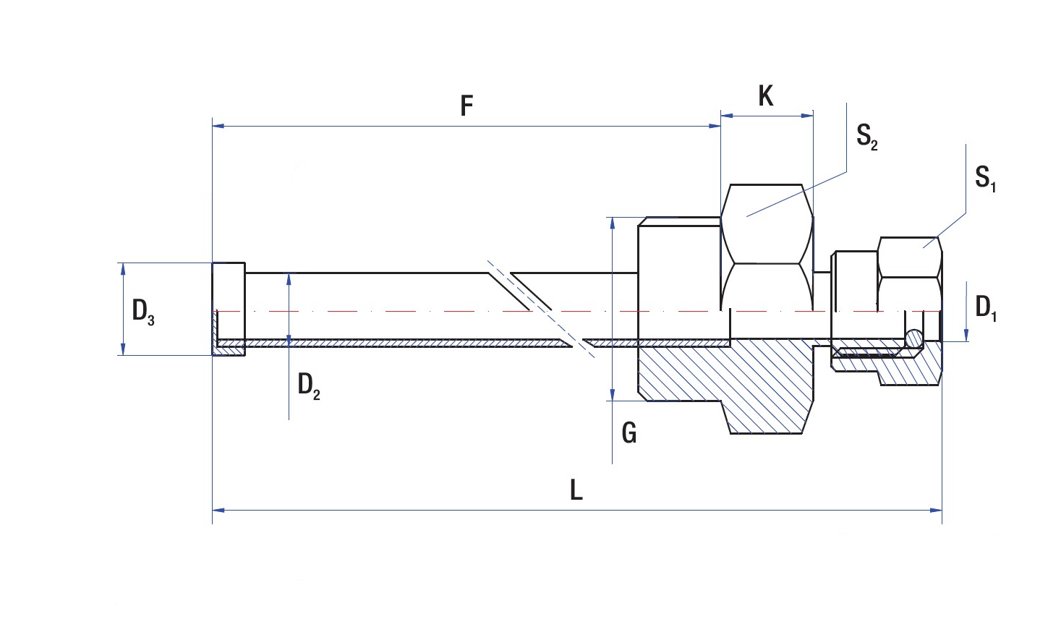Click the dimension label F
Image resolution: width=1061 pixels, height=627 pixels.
tap(466, 106)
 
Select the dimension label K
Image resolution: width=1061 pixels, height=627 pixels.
tap(765, 95)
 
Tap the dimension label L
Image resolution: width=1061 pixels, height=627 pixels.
tap(576, 490)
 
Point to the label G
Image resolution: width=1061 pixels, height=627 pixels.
tap(629, 433)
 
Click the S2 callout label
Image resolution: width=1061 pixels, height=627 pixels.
tap(866, 136)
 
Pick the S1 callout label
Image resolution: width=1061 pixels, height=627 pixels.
tap(985, 178)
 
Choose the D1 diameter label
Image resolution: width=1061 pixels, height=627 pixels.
tap(985, 308)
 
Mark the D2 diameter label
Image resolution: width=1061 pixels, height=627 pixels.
tap(308, 385)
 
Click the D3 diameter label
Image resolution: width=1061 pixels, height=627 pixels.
tap(142, 312)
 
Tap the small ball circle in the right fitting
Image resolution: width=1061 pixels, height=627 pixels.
tap(914, 338)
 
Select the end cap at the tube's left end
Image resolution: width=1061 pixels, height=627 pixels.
tap(229, 309)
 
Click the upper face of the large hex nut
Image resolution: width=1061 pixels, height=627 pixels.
tap(767, 223)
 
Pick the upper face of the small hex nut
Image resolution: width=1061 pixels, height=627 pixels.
tap(908, 257)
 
